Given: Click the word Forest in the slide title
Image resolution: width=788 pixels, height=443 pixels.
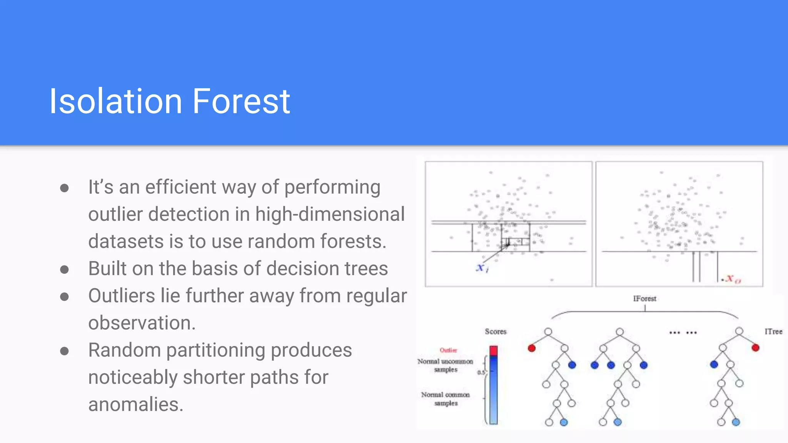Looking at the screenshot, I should click(241, 101).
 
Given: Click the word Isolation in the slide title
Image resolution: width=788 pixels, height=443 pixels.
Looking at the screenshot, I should click(115, 101).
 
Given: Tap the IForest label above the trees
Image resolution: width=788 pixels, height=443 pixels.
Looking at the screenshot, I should click(644, 298).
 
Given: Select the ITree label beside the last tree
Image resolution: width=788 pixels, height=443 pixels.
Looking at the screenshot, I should click(773, 331).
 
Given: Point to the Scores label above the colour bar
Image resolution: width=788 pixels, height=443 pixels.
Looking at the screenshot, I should click(496, 331).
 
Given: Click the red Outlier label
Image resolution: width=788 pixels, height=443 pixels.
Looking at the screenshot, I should click(448, 350).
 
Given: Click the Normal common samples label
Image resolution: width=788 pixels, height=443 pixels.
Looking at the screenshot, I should click(446, 399).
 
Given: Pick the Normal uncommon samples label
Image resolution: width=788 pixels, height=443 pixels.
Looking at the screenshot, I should click(445, 365).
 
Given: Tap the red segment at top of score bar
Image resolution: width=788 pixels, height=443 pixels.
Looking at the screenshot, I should click(493, 350).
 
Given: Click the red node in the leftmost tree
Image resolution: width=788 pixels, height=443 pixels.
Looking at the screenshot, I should click(532, 348).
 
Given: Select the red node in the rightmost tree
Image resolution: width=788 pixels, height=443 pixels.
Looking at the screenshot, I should click(755, 348).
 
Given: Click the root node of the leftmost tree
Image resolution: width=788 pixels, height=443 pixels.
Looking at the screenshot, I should click(548, 331).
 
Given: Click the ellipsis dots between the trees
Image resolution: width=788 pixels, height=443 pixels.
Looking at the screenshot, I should click(683, 333).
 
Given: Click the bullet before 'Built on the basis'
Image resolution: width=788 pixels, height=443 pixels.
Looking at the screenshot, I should click(65, 269).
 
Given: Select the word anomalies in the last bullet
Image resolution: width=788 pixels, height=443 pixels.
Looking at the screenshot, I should click(135, 405).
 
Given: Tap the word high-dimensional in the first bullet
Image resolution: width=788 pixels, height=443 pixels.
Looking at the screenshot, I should click(330, 214).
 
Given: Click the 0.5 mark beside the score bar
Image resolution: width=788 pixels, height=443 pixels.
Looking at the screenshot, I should click(481, 372).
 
